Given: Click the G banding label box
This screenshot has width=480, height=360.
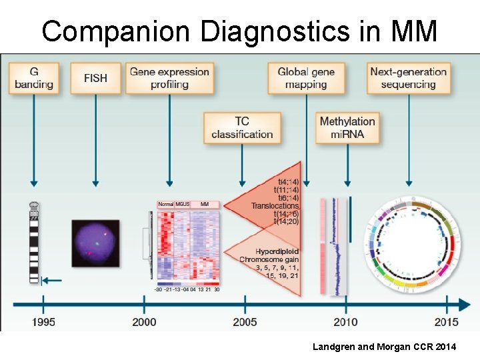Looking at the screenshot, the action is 34,78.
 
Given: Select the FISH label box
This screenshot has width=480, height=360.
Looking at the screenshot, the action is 95,78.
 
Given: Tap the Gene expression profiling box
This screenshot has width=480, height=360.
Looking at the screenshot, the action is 169,78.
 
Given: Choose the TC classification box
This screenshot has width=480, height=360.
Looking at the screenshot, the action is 242,127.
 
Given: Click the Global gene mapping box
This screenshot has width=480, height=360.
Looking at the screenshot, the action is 306,78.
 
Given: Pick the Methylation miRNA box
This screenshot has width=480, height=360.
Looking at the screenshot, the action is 347,127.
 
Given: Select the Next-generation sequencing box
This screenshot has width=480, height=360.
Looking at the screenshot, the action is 409,78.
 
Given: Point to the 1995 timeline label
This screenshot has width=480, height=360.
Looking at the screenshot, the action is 43,322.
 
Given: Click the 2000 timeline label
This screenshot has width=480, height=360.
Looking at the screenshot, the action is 144,322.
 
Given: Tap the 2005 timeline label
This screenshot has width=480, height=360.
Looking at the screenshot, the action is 245,322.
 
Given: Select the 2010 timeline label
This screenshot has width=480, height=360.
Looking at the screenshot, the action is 346,322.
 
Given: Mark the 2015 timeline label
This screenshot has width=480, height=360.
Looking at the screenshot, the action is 447,322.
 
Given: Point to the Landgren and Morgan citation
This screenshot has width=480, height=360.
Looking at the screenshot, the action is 393,347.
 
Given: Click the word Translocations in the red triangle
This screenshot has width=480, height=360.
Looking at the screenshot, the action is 275,206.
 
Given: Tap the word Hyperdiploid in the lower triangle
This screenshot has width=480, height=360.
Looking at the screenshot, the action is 277,251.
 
